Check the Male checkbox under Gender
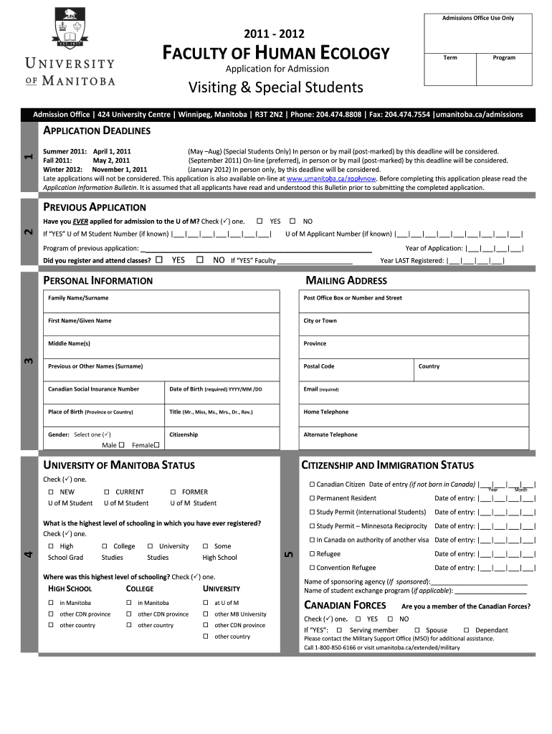pyautogui.click(x=121, y=445)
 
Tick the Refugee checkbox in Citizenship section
pyautogui.click(x=312, y=554)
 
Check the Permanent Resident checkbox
pyautogui.click(x=312, y=498)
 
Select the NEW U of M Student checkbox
pyautogui.click(x=51, y=492)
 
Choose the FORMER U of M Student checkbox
pyautogui.click(x=173, y=492)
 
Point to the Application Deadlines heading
pyautogui.click(x=97, y=130)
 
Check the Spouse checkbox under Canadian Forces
pyautogui.click(x=417, y=630)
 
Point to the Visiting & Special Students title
pyautogui.click(x=276, y=87)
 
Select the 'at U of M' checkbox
pyautogui.click(x=206, y=603)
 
